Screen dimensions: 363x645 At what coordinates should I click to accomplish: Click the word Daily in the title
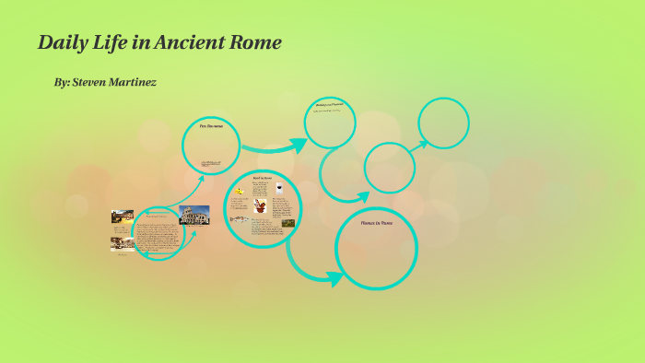coord(61,42)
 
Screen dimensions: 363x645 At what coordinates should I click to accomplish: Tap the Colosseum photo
coord(194,215)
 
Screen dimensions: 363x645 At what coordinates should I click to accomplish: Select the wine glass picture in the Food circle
coord(279,187)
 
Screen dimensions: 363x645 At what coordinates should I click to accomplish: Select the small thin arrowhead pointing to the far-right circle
coord(423,142)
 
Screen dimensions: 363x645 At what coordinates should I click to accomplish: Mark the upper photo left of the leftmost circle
coord(123,217)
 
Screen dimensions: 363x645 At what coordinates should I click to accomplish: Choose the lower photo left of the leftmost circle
coord(123,243)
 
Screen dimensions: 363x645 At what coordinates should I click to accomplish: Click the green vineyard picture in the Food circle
coord(288,222)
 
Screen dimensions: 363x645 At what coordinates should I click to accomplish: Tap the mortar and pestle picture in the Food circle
coord(262,207)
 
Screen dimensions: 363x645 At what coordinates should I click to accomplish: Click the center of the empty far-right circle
coord(443,123)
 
